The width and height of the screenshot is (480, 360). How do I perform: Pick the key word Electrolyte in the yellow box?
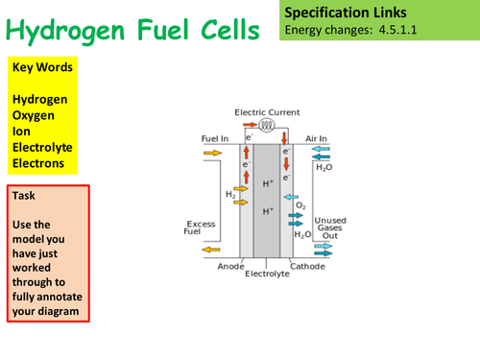44,147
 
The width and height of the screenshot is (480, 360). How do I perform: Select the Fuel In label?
214,138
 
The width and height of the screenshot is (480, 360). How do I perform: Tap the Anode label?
231,265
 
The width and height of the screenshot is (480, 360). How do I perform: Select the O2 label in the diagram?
300,204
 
